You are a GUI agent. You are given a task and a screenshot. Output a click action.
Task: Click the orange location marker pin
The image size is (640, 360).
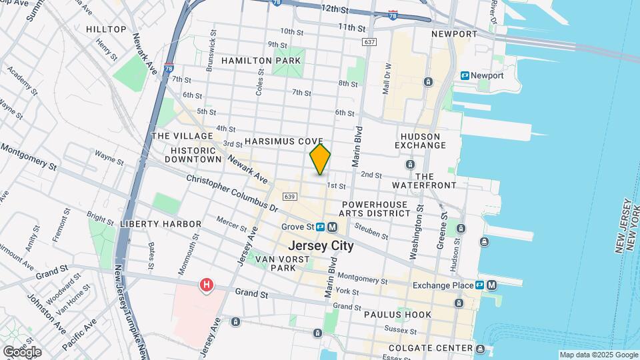[x=321, y=159]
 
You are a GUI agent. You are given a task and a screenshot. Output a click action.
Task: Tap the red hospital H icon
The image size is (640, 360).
[x=207, y=285]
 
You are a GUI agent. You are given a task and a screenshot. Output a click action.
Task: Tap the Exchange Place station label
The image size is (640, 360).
[x=443, y=285]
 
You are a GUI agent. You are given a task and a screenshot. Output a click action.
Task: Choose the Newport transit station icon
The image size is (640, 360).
[x=465, y=76]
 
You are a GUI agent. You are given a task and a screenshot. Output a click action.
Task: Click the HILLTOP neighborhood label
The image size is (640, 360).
[x=106, y=29]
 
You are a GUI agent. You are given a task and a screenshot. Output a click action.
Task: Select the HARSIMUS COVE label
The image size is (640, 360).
[x=283, y=142]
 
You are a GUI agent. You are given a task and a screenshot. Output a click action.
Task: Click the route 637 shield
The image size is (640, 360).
[x=370, y=41]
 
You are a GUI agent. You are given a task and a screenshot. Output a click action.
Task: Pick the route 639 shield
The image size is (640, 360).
[x=289, y=197]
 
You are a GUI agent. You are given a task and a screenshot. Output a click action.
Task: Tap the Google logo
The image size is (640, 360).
[x=22, y=351]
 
